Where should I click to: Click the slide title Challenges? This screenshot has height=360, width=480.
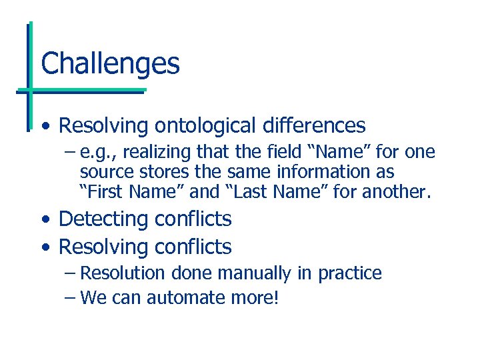(x=110, y=64)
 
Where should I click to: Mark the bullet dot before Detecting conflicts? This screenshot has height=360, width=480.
(x=45, y=220)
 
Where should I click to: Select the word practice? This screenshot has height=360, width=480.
(x=350, y=274)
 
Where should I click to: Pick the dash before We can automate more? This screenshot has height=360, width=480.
(x=70, y=297)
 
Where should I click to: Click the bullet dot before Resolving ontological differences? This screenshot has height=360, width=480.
(x=45, y=127)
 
